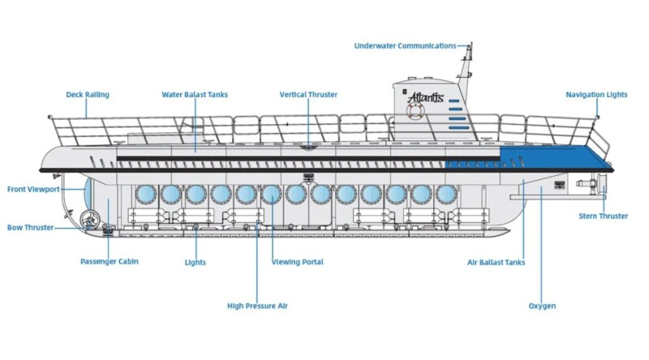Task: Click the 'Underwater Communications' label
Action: (x=405, y=46)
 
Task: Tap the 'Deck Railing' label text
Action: (x=88, y=95)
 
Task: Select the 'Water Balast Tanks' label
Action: (x=195, y=95)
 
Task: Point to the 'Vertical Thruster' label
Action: (x=308, y=95)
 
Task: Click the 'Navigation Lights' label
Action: (x=596, y=95)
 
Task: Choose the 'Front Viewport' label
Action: (x=33, y=190)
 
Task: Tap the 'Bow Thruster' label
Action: (x=31, y=228)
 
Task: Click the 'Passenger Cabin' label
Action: (x=110, y=262)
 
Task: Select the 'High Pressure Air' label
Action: (x=257, y=306)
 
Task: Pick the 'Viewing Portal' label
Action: (x=297, y=262)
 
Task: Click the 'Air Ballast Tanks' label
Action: (x=496, y=263)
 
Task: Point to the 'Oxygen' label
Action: (x=542, y=306)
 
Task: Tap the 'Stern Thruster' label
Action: (x=603, y=216)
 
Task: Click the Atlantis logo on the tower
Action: (x=425, y=97)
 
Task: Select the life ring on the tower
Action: (x=415, y=111)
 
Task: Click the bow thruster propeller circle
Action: (x=89, y=219)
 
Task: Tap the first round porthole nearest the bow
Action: (x=146, y=195)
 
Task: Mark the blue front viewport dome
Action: (x=88, y=193)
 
